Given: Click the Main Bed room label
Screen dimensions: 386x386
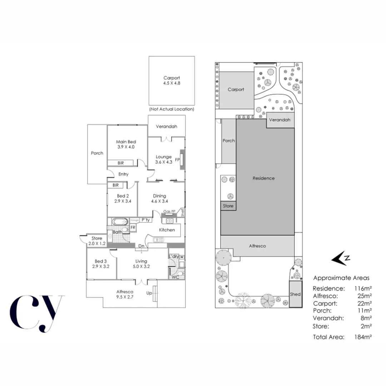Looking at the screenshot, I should pos(126,142).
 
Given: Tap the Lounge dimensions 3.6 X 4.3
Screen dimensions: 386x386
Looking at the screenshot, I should pos(163,162).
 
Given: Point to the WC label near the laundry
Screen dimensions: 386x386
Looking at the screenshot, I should pos(175,277).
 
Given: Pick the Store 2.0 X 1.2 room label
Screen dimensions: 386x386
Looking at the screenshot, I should pos(97,238).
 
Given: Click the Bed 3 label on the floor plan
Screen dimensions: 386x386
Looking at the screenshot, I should pos(101,261).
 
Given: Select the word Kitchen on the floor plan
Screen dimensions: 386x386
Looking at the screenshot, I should pos(167,230).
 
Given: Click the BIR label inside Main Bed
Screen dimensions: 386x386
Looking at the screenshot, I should pos(121,163).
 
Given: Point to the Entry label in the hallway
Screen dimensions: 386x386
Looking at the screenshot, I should pos(123,174).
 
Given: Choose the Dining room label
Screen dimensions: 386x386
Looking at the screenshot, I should pos(159,196).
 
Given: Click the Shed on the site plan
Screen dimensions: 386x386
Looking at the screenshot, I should pos(296,294).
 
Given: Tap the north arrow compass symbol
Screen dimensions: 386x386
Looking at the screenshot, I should pos(341,258).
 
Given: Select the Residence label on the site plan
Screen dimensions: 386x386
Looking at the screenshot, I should pos(263,178).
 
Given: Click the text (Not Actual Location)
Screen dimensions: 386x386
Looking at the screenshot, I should pos(172,109).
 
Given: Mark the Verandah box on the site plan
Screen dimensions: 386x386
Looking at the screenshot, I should pos(279,120).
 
